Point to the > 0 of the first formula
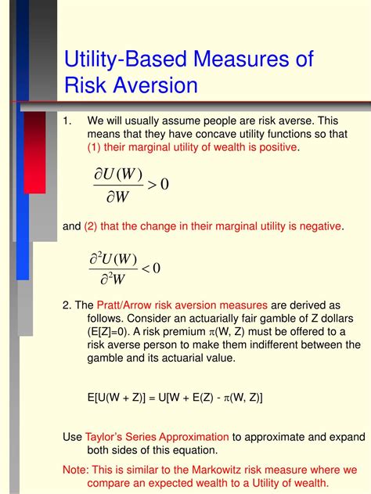click(158, 184)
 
